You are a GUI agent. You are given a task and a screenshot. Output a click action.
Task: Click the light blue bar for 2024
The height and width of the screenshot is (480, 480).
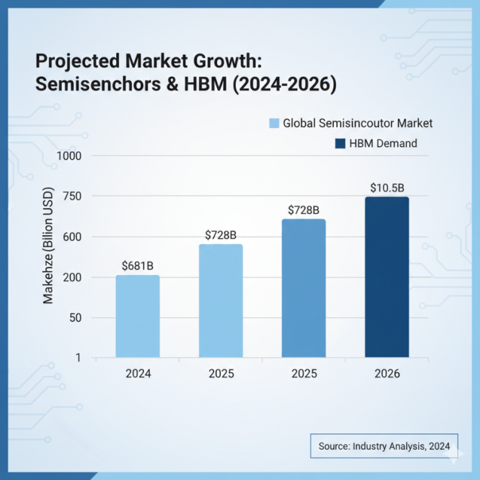(x=138, y=316)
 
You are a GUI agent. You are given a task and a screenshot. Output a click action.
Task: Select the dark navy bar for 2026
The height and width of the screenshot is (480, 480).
(x=386, y=277)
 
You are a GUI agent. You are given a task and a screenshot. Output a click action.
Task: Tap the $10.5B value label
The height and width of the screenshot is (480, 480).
(x=387, y=188)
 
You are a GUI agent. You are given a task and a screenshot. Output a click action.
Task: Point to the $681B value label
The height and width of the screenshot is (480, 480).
(x=138, y=266)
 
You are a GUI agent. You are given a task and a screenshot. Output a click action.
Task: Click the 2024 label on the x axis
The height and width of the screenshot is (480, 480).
(x=138, y=374)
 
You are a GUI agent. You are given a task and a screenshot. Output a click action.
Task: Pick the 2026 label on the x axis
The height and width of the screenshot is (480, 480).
(x=387, y=374)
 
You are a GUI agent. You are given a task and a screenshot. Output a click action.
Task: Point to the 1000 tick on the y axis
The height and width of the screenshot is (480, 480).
(x=70, y=156)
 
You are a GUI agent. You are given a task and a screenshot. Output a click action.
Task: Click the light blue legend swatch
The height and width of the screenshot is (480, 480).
(x=273, y=123)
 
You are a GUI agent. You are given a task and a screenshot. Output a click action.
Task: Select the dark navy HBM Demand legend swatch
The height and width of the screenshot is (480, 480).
(x=340, y=143)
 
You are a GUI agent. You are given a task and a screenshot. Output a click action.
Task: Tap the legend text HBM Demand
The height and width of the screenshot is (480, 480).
(x=383, y=143)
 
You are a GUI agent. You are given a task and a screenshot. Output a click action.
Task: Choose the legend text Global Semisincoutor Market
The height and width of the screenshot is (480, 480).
(x=357, y=123)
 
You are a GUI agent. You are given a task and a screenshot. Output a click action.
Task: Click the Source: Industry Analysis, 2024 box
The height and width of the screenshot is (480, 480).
(x=384, y=446)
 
